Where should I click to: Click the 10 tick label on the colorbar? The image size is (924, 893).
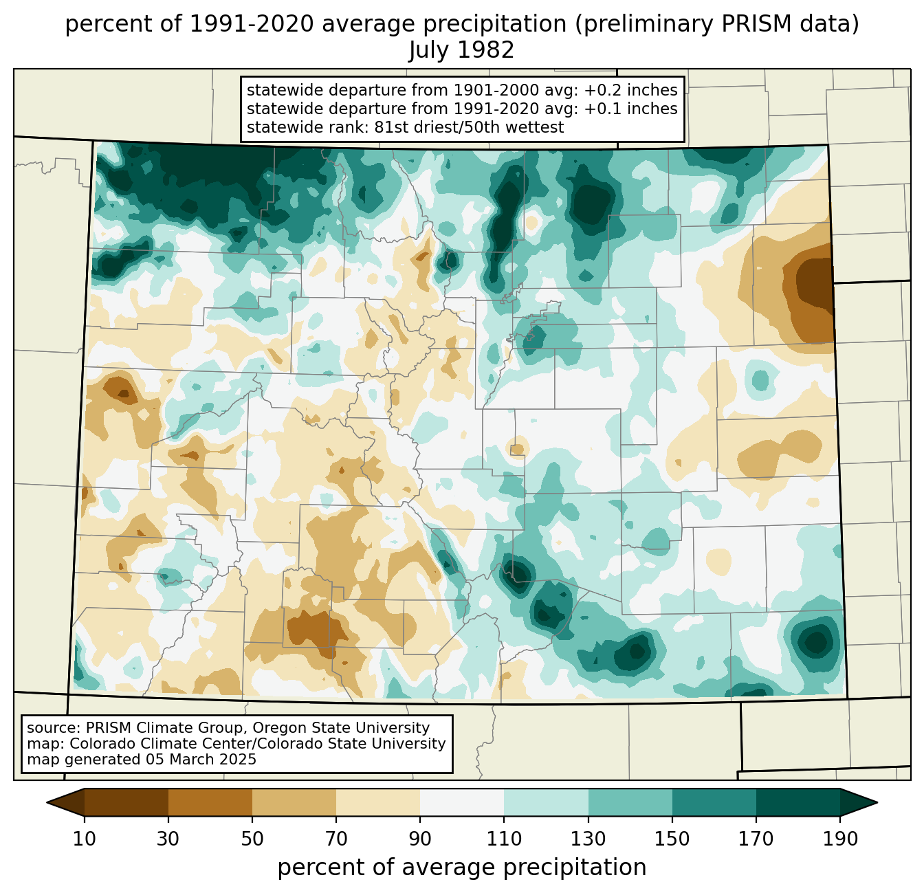(x=85, y=839)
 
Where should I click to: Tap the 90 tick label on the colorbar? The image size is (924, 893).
(x=420, y=839)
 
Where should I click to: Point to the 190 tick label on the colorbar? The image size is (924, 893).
(x=840, y=839)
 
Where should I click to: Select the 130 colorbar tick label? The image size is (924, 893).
(x=588, y=839)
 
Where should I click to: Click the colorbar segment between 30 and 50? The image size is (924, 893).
(x=210, y=802)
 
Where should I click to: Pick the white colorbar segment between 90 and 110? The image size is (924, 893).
(x=462, y=802)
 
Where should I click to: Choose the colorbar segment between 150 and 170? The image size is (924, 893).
(x=714, y=802)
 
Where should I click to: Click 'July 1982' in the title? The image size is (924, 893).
(x=461, y=50)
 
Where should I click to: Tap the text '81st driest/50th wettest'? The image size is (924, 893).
(x=469, y=127)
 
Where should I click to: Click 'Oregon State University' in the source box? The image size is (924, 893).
(x=342, y=728)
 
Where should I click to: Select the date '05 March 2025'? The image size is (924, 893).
(x=201, y=760)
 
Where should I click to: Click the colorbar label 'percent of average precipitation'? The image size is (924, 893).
(x=461, y=868)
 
